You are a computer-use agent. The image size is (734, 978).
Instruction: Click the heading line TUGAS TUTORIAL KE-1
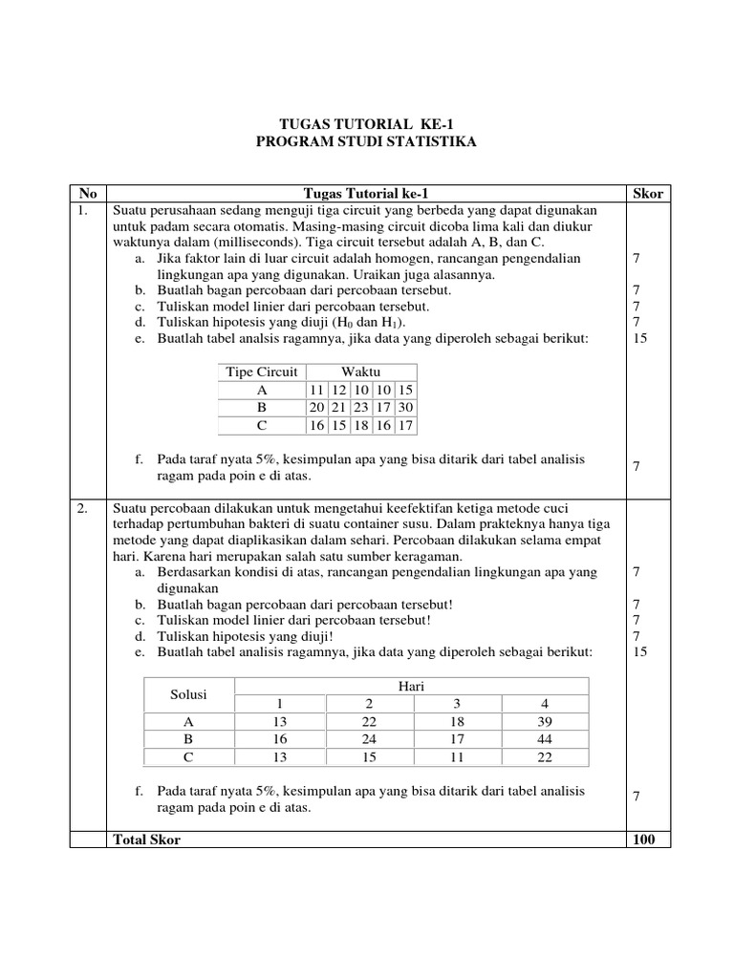367,125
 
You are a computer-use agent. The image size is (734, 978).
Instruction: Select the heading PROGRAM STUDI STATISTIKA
367,142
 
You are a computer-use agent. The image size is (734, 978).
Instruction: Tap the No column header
85,193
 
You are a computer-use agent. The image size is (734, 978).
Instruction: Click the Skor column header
647,193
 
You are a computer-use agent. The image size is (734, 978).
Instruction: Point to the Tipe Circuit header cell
261,372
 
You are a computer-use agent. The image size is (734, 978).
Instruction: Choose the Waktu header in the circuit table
360,372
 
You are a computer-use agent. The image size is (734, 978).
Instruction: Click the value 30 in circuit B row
405,408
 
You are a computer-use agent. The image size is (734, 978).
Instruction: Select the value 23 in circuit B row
360,408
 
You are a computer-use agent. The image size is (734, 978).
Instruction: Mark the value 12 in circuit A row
338,390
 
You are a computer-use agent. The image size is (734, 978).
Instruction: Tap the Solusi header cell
188,694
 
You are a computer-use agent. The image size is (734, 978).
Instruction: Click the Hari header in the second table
411,686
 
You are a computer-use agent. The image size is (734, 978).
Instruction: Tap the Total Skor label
146,839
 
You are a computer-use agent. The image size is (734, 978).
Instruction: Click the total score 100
647,839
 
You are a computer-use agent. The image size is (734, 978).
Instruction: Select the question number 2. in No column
83,508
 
